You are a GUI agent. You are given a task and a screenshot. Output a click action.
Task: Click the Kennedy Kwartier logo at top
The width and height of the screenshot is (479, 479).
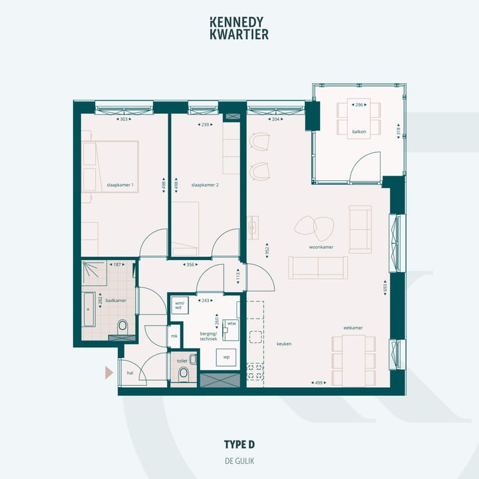click(x=239, y=27)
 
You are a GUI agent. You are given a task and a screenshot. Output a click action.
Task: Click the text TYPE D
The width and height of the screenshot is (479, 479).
click(x=239, y=444)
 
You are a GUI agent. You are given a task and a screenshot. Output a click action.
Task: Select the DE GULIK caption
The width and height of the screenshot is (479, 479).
click(x=239, y=460)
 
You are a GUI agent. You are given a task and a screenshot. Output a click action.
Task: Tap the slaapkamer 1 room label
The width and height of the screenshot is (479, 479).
click(x=120, y=184)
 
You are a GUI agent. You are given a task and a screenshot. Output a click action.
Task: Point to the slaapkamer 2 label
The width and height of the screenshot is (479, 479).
click(x=205, y=184)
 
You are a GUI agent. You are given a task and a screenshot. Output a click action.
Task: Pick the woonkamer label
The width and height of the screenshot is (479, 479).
click(x=321, y=247)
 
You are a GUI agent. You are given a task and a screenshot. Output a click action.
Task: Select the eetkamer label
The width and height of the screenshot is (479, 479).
click(x=353, y=328)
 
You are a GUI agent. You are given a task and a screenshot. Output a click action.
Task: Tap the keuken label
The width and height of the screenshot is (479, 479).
click(x=285, y=344)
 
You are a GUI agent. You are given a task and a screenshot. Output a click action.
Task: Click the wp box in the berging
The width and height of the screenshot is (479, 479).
click(x=226, y=357)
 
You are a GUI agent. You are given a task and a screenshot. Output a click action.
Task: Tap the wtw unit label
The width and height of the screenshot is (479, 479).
click(x=232, y=323)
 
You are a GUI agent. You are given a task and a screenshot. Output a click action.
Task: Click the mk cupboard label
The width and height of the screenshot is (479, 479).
click(x=174, y=337)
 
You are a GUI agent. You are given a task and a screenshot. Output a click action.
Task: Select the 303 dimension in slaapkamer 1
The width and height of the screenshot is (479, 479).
click(x=124, y=120)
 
